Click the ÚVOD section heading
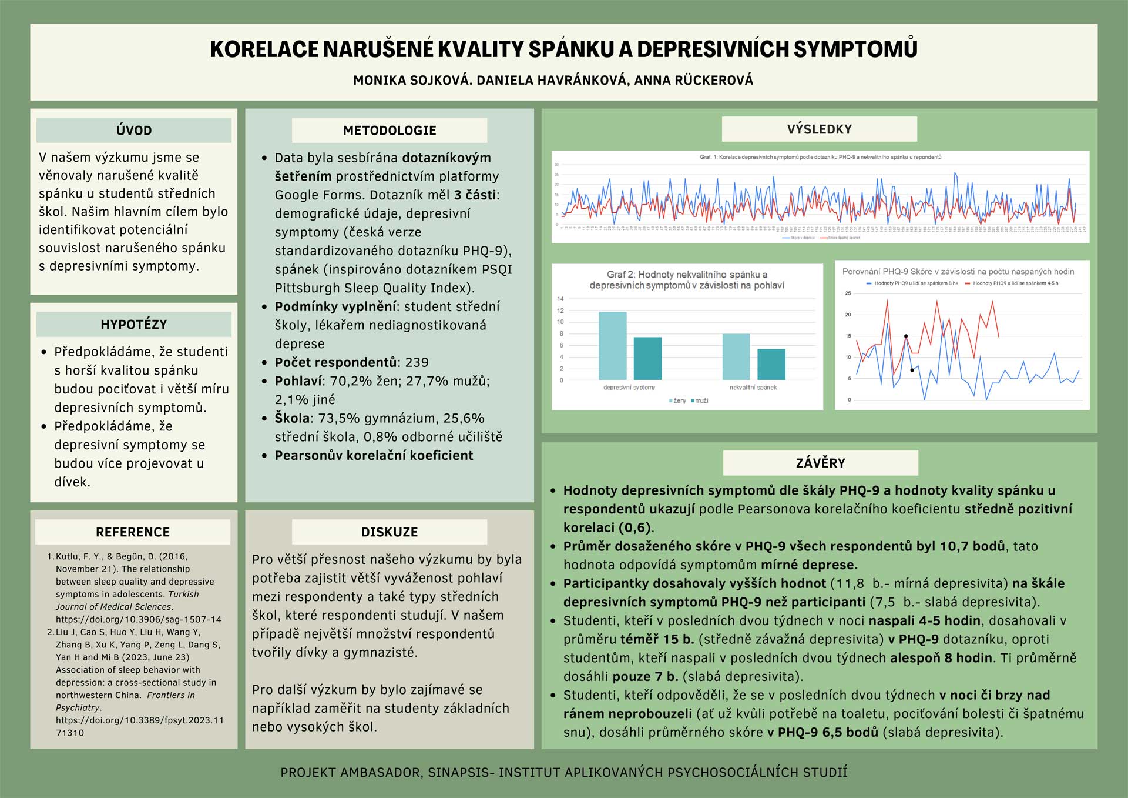click(134, 131)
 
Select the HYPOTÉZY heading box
click(134, 325)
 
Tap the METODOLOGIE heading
click(390, 131)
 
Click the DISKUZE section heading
click(390, 532)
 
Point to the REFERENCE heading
click(133, 532)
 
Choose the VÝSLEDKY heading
click(819, 129)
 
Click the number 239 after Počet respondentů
click(417, 362)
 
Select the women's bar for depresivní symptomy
click(612, 346)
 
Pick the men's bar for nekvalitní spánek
click(771, 364)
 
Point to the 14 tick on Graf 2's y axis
click(560, 299)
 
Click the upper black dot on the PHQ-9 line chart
click(905, 336)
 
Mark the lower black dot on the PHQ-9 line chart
click(912, 370)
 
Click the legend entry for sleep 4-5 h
click(1015, 283)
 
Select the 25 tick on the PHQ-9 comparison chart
click(848, 293)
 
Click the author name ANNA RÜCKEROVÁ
click(693, 80)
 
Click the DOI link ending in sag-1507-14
click(139, 619)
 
